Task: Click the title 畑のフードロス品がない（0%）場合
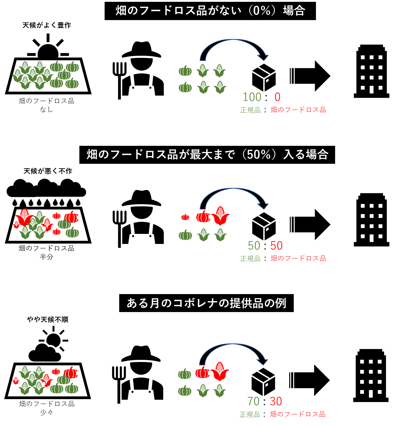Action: pos(210,11)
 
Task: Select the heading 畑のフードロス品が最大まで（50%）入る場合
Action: pos(207,155)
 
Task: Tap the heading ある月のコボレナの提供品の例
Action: pos(206,303)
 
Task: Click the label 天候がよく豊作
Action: pos(47,25)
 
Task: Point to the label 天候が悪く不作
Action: pos(48,171)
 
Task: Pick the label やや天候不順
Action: pos(48,319)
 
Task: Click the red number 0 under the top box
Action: pos(277,97)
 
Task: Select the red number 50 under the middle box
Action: pos(277,246)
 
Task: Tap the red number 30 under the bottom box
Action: pos(276,401)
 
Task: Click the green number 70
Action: pos(254,401)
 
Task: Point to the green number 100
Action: pos(252,97)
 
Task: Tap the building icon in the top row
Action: pos(372,71)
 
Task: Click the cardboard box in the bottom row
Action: pos(263,382)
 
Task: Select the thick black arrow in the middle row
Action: pos(310,224)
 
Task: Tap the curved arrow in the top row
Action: pos(233,46)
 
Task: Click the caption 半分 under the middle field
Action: pos(46,257)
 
